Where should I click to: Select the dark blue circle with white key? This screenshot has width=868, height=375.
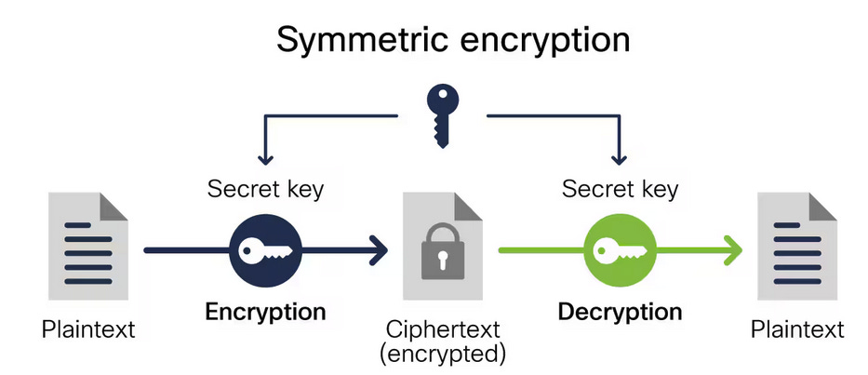265,249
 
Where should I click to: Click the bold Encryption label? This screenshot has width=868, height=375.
265,311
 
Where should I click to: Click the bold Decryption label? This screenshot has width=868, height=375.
620,311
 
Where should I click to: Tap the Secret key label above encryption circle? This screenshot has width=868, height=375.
265,189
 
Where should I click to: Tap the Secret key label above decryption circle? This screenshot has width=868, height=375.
620,189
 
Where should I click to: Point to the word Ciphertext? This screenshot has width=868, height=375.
443,329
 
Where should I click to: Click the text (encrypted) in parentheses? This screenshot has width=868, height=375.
443,353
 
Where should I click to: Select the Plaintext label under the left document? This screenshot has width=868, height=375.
88,329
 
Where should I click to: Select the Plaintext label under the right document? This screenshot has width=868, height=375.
797,329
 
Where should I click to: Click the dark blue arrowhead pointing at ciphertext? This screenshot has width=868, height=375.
378,249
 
